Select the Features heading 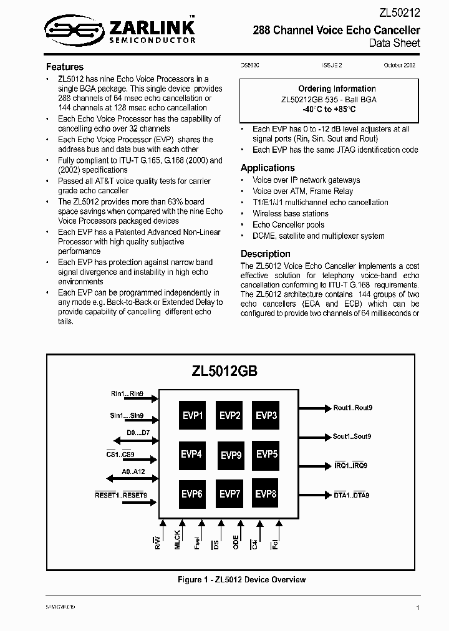pyautogui.click(x=65, y=67)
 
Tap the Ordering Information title pyautogui.click(x=337, y=89)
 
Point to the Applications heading pyautogui.click(x=268, y=168)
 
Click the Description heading pyautogui.click(x=266, y=254)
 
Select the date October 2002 pyautogui.click(x=400, y=65)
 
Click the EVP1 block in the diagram pyautogui.click(x=193, y=416)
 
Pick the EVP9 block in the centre pyautogui.click(x=231, y=455)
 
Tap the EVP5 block pyautogui.click(x=266, y=454)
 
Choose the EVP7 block pyautogui.click(x=230, y=494)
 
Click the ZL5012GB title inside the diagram pyautogui.click(x=225, y=370)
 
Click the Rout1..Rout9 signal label pyautogui.click(x=352, y=408)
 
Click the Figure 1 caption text pyautogui.click(x=242, y=580)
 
